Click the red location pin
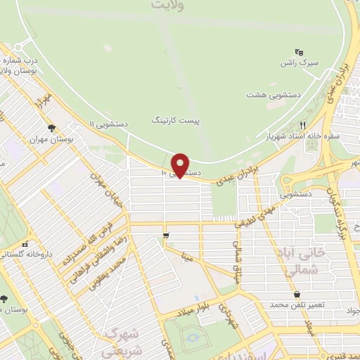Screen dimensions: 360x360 181,165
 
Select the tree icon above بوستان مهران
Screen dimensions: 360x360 51,128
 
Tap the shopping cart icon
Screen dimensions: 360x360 166,236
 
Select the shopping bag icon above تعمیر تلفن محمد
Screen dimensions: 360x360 297,295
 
